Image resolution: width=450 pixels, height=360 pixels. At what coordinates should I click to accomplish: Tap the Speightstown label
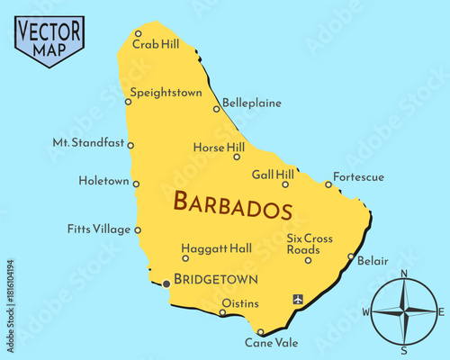tap(166, 92)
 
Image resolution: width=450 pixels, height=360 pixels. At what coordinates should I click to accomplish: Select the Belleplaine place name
tap(252, 103)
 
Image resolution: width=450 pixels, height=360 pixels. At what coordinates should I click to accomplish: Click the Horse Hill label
tap(219, 147)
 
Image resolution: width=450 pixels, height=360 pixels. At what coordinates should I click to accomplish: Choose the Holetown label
tap(103, 181)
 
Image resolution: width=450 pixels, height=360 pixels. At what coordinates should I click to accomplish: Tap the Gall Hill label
tap(273, 174)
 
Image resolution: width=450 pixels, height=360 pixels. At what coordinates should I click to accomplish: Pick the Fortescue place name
tap(358, 177)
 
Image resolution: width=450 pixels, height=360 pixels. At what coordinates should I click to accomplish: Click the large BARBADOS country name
tap(232, 204)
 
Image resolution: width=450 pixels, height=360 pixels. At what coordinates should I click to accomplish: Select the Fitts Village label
tap(99, 229)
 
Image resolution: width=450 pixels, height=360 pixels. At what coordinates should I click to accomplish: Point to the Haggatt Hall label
tap(216, 247)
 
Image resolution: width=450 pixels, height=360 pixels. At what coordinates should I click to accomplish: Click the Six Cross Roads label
tap(310, 244)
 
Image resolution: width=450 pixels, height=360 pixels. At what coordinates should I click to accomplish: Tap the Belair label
tap(373, 261)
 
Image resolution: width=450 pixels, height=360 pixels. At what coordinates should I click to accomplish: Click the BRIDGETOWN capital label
tap(216, 279)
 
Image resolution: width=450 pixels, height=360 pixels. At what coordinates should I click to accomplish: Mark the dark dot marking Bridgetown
tap(166, 284)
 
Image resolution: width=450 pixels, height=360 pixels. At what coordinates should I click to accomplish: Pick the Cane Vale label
tap(270, 343)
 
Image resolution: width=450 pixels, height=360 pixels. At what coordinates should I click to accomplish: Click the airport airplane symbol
tap(298, 298)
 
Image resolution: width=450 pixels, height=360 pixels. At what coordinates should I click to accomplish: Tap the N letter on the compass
tap(404, 274)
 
